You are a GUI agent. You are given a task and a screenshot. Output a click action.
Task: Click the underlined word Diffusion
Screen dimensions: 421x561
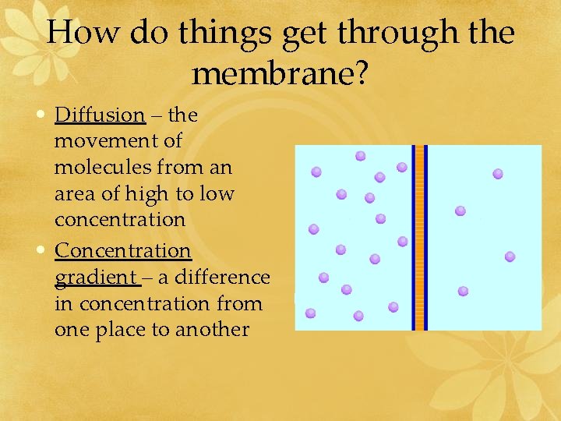pos(100,115)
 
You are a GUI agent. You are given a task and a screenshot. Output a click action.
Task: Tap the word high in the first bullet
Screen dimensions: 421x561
pos(157,193)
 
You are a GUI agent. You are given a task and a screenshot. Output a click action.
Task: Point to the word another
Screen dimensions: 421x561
pos(212,329)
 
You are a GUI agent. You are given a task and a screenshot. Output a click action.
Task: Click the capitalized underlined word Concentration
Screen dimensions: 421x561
pos(122,250)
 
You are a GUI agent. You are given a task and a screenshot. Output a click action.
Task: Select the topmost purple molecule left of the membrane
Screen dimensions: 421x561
pos(361,156)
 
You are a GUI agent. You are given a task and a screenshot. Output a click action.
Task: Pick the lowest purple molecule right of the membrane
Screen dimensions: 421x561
pos(463,291)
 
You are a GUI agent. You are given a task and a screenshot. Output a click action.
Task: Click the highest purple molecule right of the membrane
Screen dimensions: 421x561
pos(498,174)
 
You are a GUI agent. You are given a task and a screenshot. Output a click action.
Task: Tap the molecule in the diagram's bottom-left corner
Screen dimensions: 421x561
pos(311,313)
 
